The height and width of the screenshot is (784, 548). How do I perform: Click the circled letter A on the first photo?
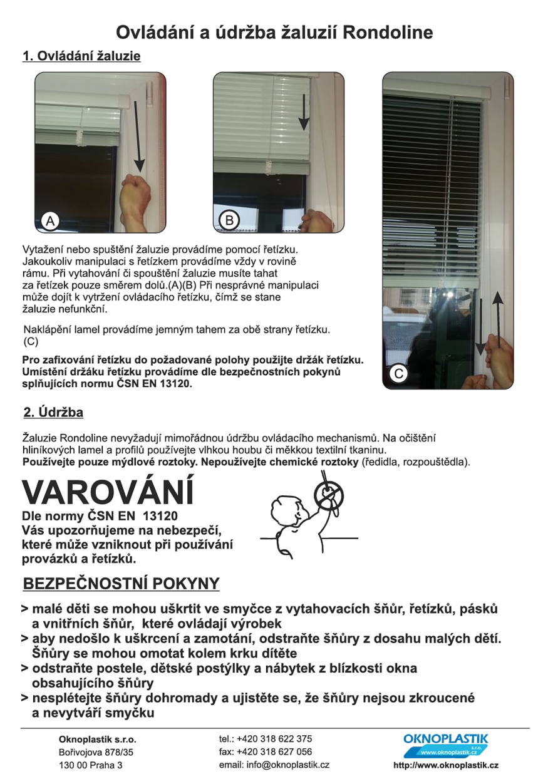tap(49, 220)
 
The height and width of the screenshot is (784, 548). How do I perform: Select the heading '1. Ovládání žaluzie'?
tap(81, 56)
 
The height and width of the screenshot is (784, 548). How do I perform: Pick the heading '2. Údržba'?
tap(53, 413)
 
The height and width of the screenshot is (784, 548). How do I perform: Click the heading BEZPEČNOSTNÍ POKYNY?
tap(121, 584)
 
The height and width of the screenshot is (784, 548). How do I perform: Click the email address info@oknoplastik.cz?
tap(274, 765)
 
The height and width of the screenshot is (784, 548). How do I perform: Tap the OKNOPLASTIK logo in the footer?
tap(446, 744)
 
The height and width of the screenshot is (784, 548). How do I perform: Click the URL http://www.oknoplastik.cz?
tap(446, 765)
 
